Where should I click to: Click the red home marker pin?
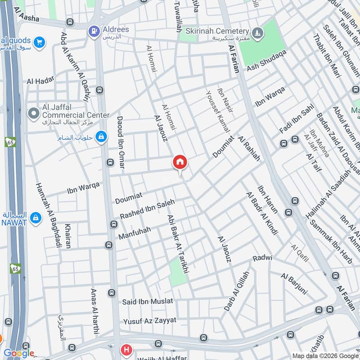[x=180, y=162]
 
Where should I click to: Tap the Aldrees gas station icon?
[x=94, y=31]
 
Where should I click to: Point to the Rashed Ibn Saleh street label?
[x=147, y=210]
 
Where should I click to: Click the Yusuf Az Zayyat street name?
[x=150, y=321]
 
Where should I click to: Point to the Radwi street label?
[x=262, y=258]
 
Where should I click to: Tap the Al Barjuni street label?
[x=293, y=282]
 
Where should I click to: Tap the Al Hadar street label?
[x=40, y=81]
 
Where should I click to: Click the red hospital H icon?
[x=127, y=350]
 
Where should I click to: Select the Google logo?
[x=19, y=353]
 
